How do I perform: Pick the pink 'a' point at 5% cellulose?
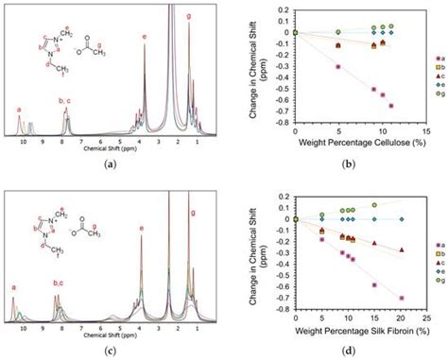click(x=338, y=66)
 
